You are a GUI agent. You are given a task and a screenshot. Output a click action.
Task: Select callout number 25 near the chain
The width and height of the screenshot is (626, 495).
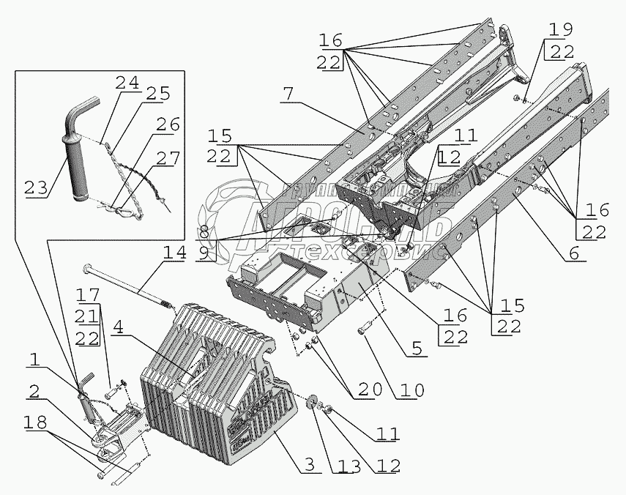(x=158, y=94)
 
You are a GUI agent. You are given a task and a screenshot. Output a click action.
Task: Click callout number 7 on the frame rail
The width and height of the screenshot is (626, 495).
(x=287, y=93)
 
